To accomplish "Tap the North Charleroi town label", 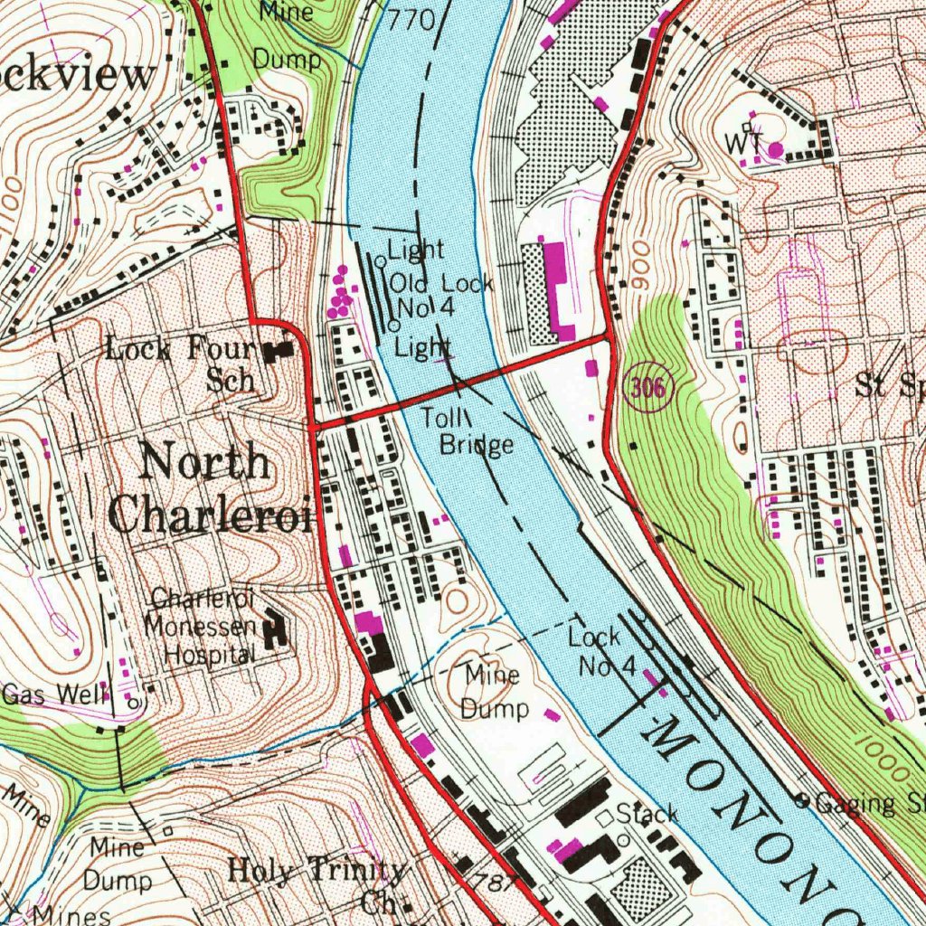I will (x=206, y=489).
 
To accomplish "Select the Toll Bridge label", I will (x=477, y=431).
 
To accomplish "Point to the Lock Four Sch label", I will (x=181, y=362).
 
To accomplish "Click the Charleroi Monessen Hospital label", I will (x=201, y=626).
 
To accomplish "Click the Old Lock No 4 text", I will (x=441, y=296).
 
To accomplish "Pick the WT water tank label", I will (x=742, y=143).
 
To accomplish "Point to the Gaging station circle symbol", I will (x=800, y=799).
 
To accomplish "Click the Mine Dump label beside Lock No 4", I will (x=493, y=692).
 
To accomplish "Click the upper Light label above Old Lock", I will (x=416, y=250).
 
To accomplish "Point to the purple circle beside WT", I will (x=776, y=149).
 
